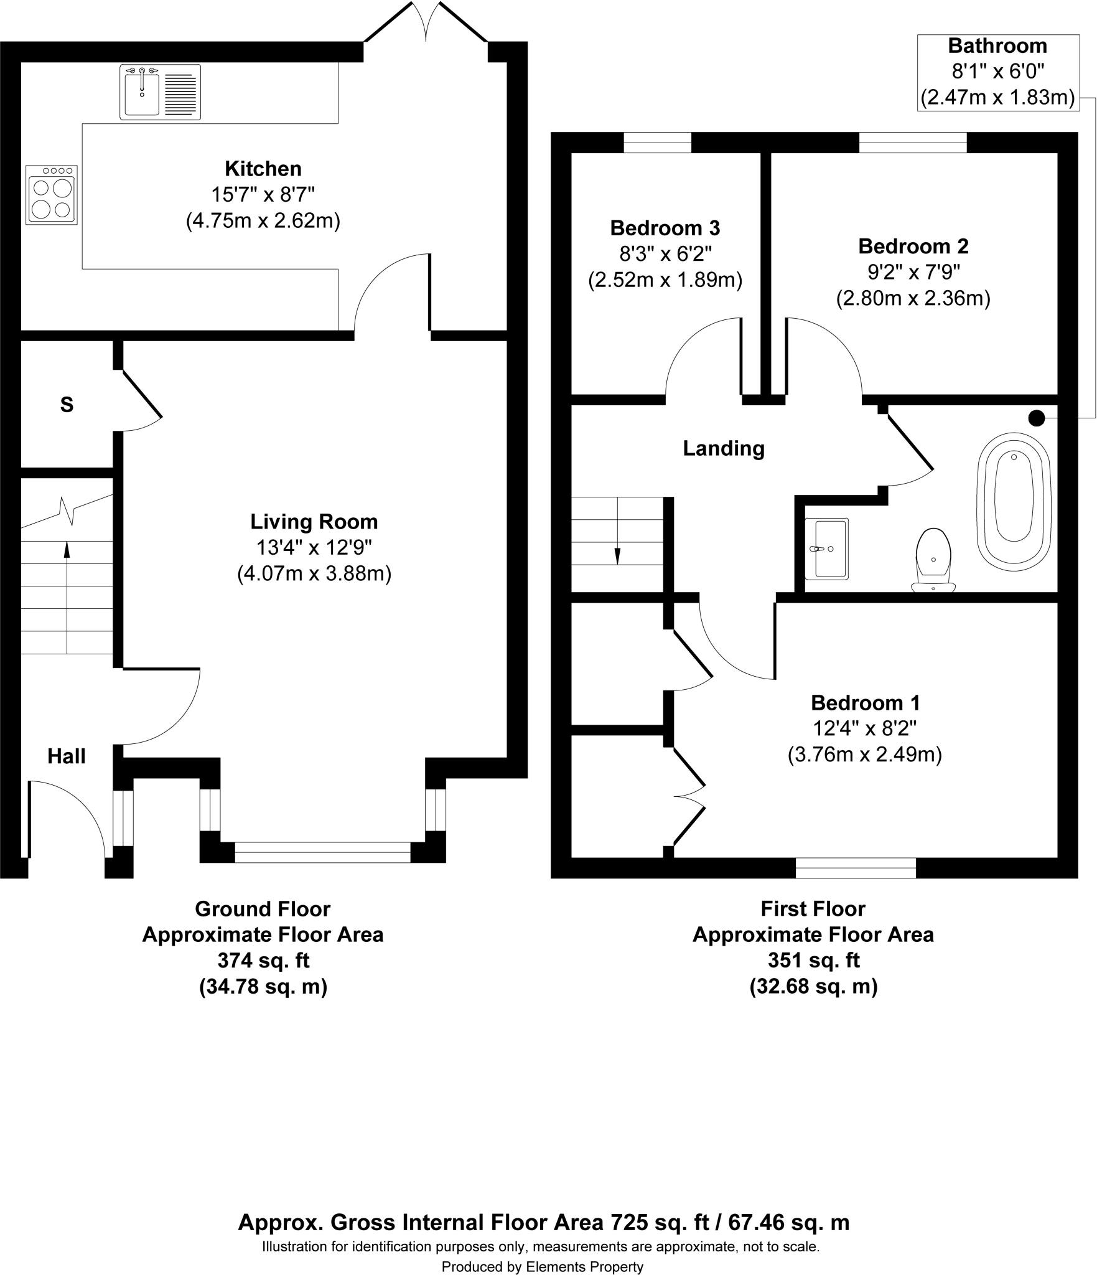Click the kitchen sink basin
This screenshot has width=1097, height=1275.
[142, 93]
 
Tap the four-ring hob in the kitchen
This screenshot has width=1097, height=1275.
[52, 195]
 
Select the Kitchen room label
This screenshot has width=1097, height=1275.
[263, 169]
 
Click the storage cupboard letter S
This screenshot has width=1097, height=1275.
[67, 405]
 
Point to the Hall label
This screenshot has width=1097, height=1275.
[67, 756]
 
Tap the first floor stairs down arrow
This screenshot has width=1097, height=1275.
[617, 555]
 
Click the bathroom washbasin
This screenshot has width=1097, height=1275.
[826, 548]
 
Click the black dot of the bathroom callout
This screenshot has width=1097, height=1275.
[1037, 418]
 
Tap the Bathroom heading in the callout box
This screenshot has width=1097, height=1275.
[997, 46]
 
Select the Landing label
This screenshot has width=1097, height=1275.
[724, 448]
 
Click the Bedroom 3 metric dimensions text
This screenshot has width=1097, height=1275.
[665, 280]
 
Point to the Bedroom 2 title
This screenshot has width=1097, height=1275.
[913, 247]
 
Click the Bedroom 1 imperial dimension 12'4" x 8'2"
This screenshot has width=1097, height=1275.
[864, 728]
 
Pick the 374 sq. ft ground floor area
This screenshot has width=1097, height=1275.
[263, 961]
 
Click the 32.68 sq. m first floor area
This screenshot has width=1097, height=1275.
[813, 987]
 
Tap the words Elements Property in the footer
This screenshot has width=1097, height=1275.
[584, 1266]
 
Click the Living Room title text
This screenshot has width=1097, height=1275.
[314, 522]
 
